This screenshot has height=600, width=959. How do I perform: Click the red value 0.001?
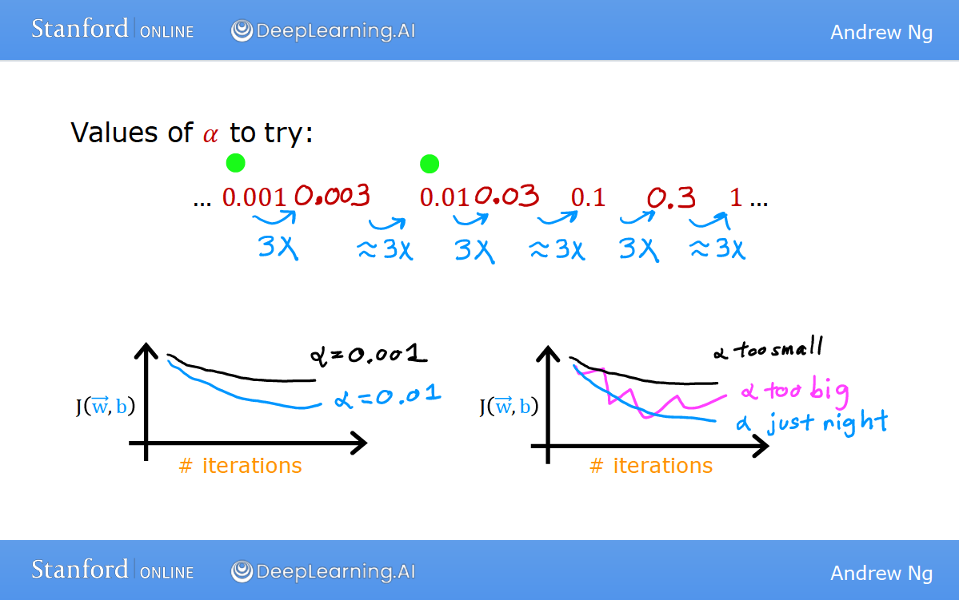(x=254, y=197)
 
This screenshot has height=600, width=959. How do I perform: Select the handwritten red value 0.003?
(x=332, y=196)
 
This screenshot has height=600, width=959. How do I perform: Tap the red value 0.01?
(x=444, y=197)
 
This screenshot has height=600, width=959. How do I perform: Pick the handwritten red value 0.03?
(x=507, y=196)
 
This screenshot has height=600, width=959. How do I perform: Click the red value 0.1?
(x=588, y=197)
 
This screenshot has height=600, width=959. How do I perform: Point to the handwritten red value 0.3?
(x=672, y=197)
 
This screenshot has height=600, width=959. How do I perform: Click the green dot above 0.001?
(x=235, y=163)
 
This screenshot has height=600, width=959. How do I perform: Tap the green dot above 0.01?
(x=430, y=164)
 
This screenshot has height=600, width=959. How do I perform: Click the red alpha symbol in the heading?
(x=210, y=134)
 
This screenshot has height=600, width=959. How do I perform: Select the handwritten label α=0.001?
(x=368, y=354)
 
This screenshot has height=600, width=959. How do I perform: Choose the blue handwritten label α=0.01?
(x=388, y=396)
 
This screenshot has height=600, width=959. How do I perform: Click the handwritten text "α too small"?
(x=768, y=348)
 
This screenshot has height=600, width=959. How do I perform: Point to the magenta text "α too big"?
(x=795, y=391)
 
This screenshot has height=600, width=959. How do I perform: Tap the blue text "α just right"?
(x=812, y=422)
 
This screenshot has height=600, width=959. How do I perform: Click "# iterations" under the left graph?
(x=241, y=466)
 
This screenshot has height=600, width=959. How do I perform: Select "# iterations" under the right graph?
(x=651, y=466)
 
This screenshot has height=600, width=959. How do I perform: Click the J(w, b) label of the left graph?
(x=106, y=406)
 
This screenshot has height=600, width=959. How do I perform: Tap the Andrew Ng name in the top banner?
(x=881, y=33)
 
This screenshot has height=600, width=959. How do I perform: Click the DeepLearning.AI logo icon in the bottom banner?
(x=242, y=572)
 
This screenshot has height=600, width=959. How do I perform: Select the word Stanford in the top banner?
(x=79, y=29)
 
